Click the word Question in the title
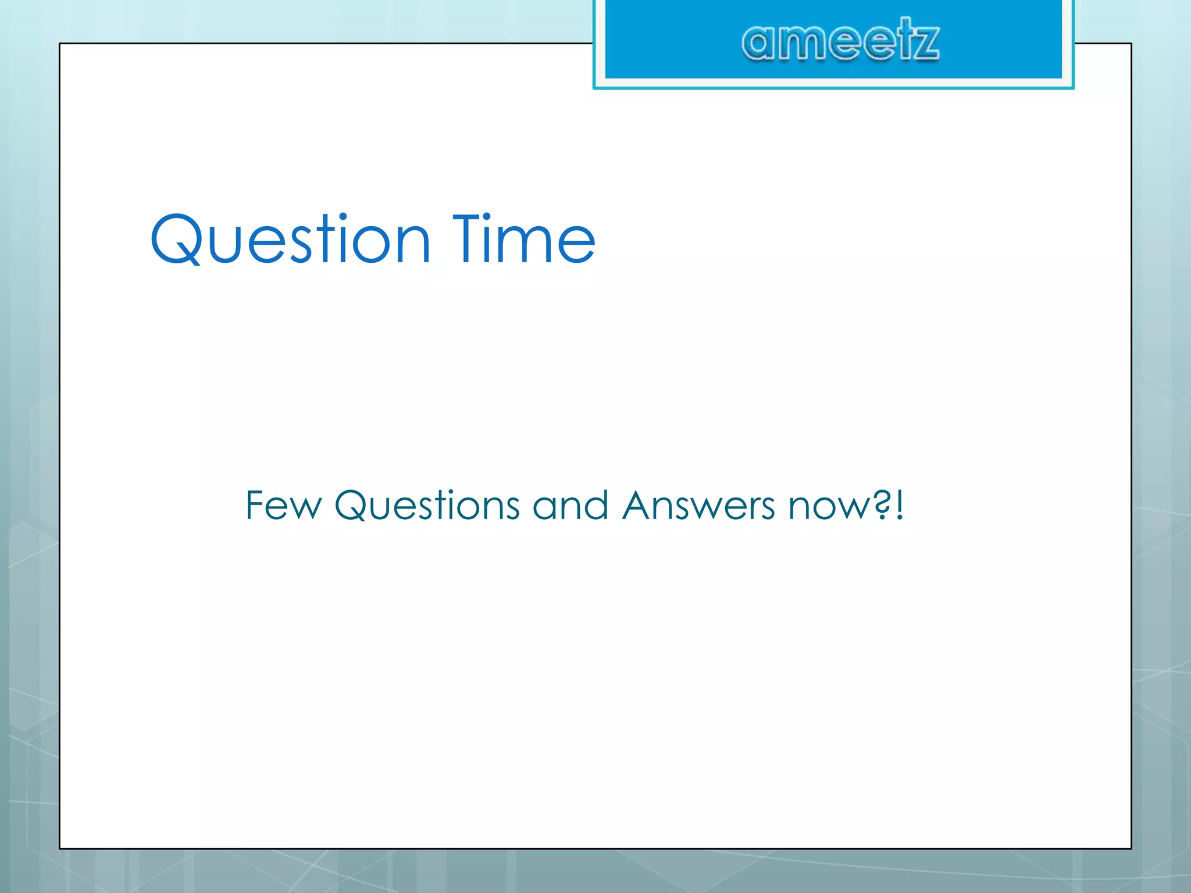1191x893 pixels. (290, 240)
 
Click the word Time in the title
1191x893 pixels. (524, 240)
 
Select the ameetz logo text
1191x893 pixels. (840, 41)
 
